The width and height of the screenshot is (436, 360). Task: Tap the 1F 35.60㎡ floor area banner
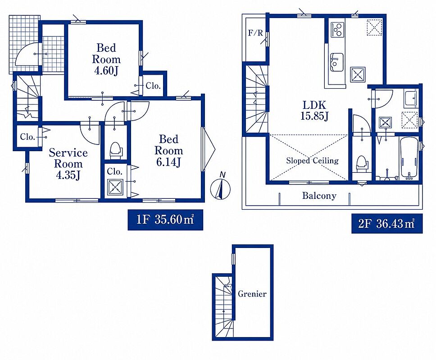[165, 220]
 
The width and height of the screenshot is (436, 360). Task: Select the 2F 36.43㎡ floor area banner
[387, 223]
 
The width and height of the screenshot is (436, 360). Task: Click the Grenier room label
[252, 293]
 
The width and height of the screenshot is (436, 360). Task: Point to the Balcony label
[319, 196]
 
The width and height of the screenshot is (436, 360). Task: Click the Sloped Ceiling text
[312, 161]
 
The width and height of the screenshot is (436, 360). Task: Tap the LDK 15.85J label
[314, 110]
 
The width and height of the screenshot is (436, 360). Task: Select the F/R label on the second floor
[255, 33]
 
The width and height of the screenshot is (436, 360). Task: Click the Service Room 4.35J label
[68, 164]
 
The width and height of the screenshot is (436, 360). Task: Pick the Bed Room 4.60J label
[106, 59]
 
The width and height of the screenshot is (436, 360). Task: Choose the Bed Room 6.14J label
[169, 151]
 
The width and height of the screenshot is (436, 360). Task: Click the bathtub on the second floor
[409, 158]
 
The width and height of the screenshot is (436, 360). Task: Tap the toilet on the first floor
[115, 150]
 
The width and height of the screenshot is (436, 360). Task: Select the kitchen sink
[337, 62]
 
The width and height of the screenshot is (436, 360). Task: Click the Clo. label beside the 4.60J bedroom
[153, 86]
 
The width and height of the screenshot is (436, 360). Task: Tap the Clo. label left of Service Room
[27, 137]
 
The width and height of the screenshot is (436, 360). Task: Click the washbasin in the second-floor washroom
[411, 99]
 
